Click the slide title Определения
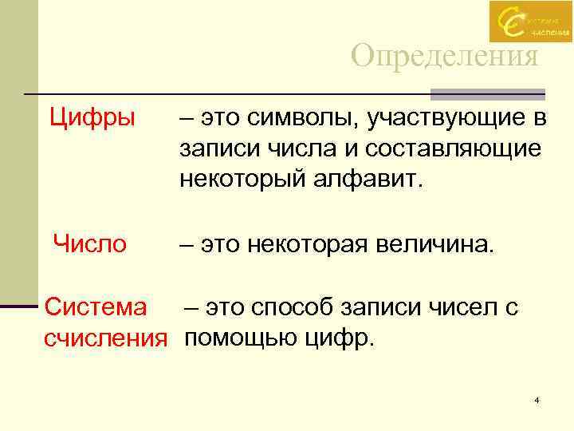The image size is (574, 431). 445,57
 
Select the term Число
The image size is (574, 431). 89,243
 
